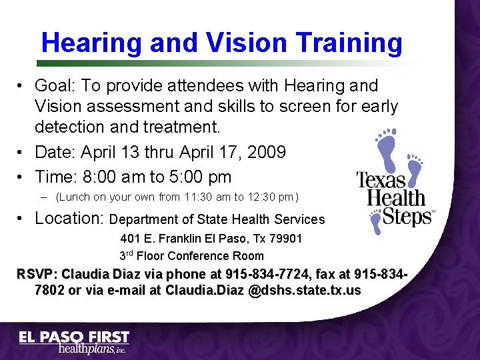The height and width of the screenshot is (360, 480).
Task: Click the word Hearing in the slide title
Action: [x=91, y=43]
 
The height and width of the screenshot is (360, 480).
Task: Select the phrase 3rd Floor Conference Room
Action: [x=191, y=255]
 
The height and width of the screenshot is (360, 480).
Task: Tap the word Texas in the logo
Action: [x=381, y=180]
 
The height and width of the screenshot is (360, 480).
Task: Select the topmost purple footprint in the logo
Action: [x=386, y=143]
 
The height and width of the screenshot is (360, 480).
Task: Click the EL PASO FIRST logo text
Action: [x=73, y=337]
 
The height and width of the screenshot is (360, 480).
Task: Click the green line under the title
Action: [x=220, y=63]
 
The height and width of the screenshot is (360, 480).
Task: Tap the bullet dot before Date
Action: [x=22, y=153]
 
